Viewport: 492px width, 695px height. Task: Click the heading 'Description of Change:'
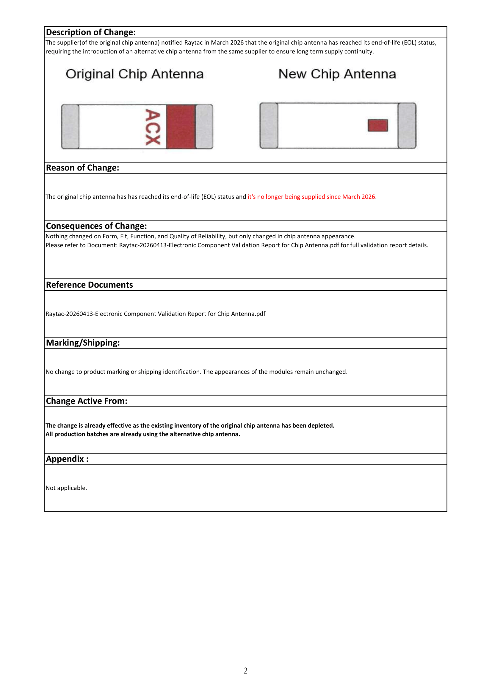(x=91, y=32)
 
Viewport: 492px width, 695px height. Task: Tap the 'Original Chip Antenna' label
(x=134, y=74)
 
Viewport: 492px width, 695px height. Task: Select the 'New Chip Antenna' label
(x=337, y=74)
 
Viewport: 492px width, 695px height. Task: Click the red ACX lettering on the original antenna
(x=152, y=127)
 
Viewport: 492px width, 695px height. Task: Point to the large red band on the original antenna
(x=181, y=127)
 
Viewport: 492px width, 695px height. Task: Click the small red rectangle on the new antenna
(x=378, y=125)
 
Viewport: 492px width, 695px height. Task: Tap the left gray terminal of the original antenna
(x=70, y=127)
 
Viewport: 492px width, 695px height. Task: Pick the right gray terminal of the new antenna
(x=407, y=126)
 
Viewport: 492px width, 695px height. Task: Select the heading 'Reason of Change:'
(x=82, y=168)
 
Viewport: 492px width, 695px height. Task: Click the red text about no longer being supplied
(x=311, y=197)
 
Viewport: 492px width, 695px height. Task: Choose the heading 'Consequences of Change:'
(x=96, y=226)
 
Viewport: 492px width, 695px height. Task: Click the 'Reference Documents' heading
(x=89, y=285)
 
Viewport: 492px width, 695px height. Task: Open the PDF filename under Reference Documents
(x=155, y=313)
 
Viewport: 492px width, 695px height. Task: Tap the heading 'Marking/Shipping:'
(x=83, y=343)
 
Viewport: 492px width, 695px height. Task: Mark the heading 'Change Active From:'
(x=87, y=401)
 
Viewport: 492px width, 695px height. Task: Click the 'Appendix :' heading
(x=67, y=459)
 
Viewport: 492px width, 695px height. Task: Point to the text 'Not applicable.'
(x=66, y=488)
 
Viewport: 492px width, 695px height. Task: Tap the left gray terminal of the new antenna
(x=269, y=126)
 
